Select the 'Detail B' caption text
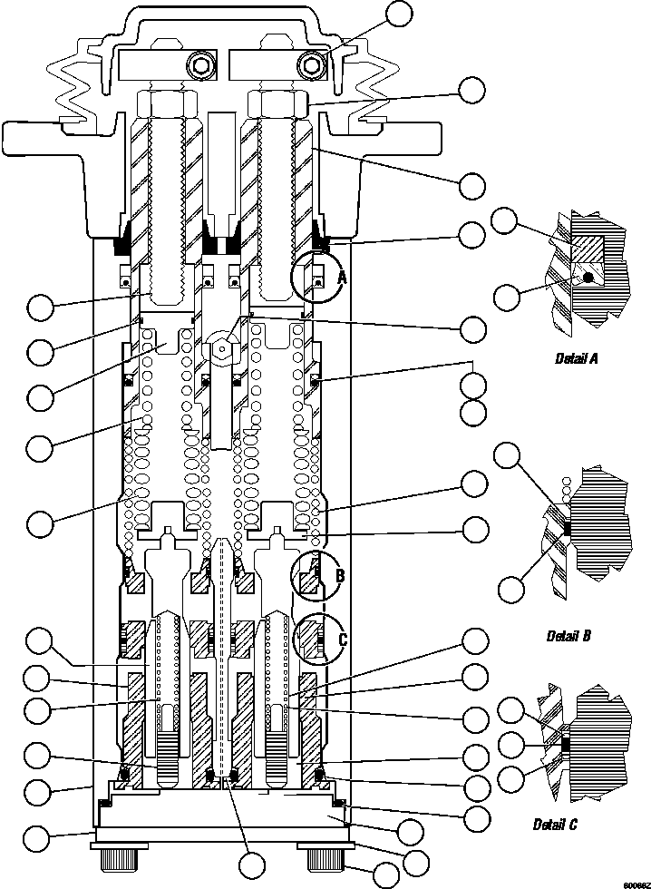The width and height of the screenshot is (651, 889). [x=568, y=636]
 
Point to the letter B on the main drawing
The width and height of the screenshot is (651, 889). [x=340, y=575]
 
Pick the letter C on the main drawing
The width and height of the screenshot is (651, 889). [x=342, y=640]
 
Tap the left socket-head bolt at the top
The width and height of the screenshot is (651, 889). [x=200, y=65]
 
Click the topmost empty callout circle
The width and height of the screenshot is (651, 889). [x=399, y=14]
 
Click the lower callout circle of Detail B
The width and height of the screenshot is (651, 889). [x=511, y=588]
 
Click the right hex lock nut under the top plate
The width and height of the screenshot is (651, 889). [x=277, y=102]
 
